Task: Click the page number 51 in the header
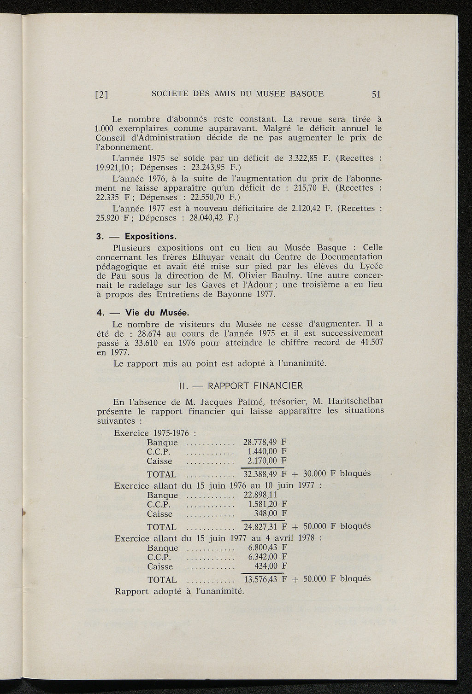point(376,94)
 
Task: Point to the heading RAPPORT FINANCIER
point(255,385)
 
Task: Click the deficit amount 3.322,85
point(303,158)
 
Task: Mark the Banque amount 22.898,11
point(260,495)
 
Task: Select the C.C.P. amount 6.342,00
point(262,557)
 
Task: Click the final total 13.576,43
point(260,579)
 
